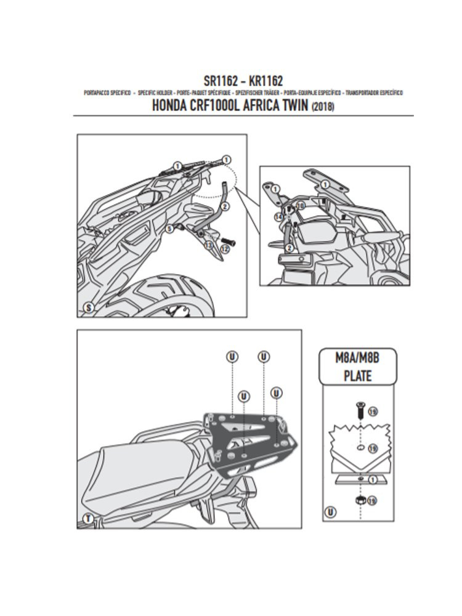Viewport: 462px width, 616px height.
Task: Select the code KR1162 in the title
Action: [265, 80]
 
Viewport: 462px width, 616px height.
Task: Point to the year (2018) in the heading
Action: [323, 106]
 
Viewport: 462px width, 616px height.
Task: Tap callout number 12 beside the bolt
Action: [224, 248]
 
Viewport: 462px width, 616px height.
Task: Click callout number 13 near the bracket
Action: [208, 245]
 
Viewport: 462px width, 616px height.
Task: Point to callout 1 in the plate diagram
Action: [373, 479]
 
